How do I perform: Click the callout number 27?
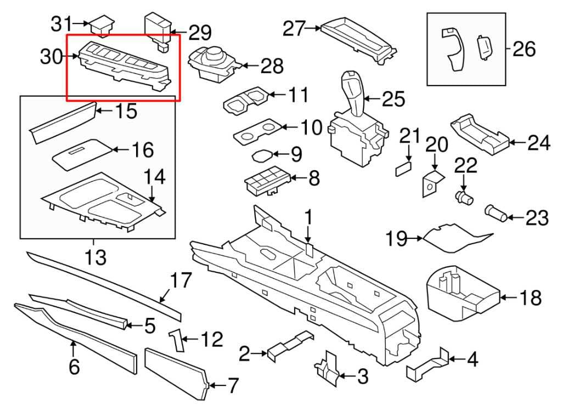(294, 28)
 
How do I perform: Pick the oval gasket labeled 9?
(263, 155)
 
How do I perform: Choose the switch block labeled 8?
(265, 181)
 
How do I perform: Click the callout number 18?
(530, 298)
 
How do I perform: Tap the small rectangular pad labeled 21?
(403, 167)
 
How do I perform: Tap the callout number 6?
(75, 366)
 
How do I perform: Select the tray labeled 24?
(479, 133)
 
